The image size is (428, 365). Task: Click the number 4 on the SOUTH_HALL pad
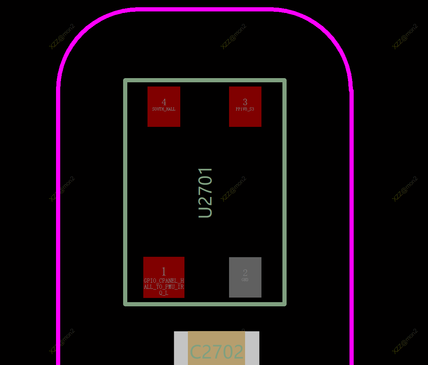(164, 102)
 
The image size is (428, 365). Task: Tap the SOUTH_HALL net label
(164, 109)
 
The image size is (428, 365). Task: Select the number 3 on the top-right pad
(245, 102)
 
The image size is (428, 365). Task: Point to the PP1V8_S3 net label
(245, 109)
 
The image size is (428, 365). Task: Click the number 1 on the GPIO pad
(164, 272)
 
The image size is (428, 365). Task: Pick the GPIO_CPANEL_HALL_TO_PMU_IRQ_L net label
(164, 287)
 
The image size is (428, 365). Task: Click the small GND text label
(245, 280)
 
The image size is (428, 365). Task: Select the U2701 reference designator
(205, 192)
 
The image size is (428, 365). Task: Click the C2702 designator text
(216, 352)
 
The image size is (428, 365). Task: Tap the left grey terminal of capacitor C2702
(181, 348)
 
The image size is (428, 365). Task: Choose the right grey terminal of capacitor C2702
(252, 348)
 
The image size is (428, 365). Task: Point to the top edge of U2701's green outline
(205, 80)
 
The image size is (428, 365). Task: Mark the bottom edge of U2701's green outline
(205, 304)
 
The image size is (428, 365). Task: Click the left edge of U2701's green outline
(125, 192)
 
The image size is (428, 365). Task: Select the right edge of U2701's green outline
(285, 192)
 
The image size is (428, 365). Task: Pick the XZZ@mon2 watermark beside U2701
(234, 189)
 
